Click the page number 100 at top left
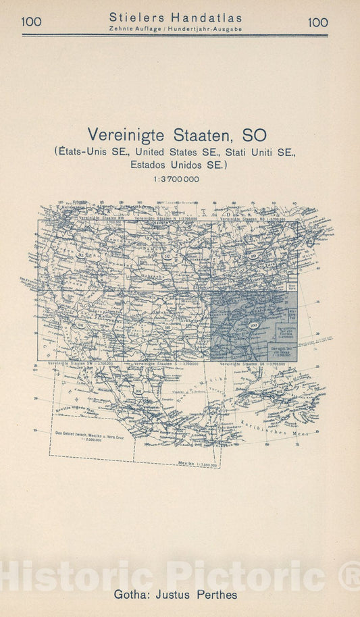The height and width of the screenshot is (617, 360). tap(31, 22)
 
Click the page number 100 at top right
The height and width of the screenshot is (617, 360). tap(317, 22)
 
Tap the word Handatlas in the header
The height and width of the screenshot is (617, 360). tap(209, 18)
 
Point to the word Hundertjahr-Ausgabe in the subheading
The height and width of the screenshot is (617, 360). tap(207, 30)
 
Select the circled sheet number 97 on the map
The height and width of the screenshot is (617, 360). tap(167, 257)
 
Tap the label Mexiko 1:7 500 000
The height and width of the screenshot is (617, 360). tap(197, 464)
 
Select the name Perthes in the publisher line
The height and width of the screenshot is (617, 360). tap(215, 595)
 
